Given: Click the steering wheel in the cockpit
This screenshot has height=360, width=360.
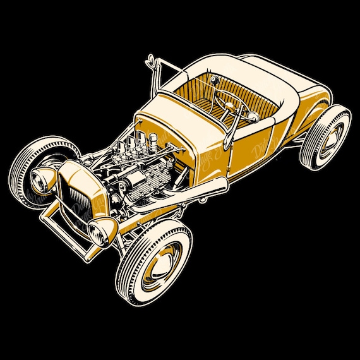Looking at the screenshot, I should click(x=229, y=101).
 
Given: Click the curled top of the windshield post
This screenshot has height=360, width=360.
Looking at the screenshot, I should click(x=152, y=60).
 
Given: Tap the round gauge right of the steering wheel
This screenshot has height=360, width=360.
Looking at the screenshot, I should click(x=252, y=116).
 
